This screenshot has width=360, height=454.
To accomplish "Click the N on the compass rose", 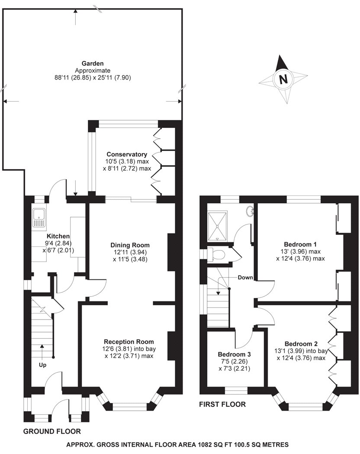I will (x=283, y=80).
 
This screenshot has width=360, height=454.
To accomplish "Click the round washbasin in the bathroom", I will (x=250, y=211).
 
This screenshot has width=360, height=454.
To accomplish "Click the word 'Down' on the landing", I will (x=245, y=278).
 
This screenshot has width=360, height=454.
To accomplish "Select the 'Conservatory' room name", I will (x=127, y=154).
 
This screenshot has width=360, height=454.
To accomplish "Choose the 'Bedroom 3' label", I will (x=235, y=354).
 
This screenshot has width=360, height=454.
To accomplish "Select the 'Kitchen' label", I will (x=58, y=236).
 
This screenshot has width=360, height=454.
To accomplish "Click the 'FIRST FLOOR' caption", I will (x=222, y=405).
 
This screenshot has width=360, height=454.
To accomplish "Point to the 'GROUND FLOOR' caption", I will (x=51, y=431).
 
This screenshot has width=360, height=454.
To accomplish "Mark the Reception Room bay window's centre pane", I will (x=127, y=406).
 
